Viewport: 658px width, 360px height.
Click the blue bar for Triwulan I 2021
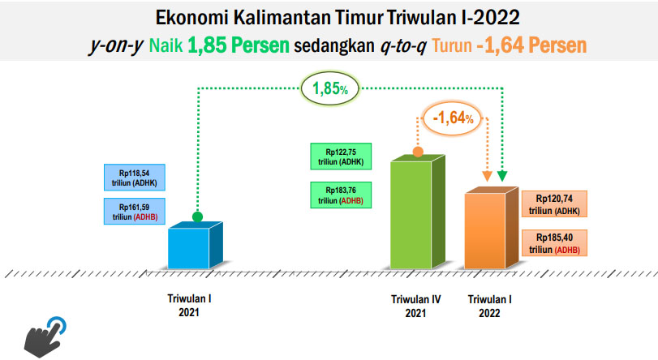[195, 246]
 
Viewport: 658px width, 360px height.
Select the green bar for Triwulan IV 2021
[417, 212]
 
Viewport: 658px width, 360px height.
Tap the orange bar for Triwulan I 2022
[491, 229]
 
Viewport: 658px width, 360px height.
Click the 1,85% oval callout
[330, 88]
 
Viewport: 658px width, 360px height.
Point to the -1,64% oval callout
[453, 118]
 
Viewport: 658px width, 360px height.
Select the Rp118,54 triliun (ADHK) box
[135, 178]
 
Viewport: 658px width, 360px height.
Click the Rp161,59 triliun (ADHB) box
[135, 212]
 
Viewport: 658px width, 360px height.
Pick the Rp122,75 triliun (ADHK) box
[341, 156]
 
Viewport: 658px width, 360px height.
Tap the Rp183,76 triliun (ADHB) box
[341, 195]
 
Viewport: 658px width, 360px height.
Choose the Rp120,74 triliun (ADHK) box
[554, 204]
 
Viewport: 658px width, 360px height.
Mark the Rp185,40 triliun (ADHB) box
[554, 243]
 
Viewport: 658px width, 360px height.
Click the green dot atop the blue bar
[198, 217]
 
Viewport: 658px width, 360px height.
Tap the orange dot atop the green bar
[418, 152]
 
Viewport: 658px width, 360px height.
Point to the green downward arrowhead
[502, 176]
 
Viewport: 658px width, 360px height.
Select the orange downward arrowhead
[487, 176]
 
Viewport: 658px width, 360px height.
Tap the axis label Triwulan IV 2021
[415, 306]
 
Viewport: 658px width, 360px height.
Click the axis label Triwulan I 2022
[490, 306]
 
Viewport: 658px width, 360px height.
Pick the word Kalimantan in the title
[282, 18]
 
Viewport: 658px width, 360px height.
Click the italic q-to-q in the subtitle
[403, 45]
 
